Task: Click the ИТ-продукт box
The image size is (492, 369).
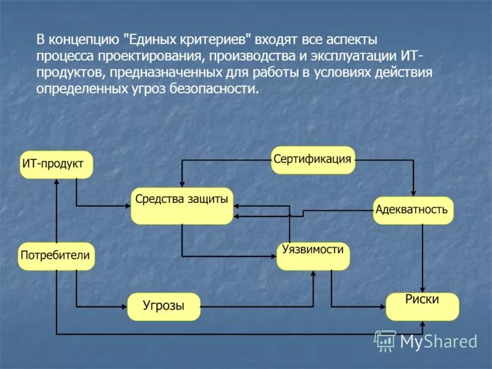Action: click(x=56, y=164)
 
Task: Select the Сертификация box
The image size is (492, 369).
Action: click(x=313, y=160)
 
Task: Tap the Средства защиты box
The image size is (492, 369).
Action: click(x=181, y=205)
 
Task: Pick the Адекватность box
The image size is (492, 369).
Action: click(x=413, y=210)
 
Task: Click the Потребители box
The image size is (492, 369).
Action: click(x=57, y=256)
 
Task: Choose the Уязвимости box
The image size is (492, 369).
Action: click(x=312, y=256)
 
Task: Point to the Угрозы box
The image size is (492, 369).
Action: click(x=164, y=306)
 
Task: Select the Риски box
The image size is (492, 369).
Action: click(x=423, y=306)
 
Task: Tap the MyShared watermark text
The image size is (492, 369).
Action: click(x=438, y=341)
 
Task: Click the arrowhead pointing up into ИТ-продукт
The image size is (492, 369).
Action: click(x=56, y=182)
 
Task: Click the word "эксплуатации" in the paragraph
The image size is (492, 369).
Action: click(x=349, y=57)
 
